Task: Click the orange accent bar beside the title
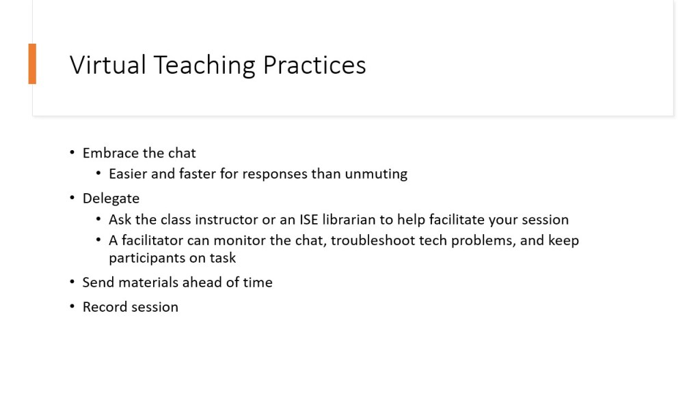32,63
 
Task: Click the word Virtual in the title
107,65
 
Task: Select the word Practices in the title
314,65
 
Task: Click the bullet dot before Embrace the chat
72,152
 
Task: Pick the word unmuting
376,174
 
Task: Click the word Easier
128,173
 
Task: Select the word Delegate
111,199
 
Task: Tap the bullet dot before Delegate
72,197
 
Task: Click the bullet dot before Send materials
72,282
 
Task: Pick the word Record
103,307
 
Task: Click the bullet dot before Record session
72,306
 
